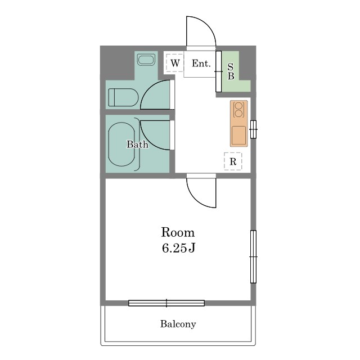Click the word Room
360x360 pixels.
point(178,232)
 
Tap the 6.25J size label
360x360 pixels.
point(179,248)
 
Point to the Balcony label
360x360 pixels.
point(178,324)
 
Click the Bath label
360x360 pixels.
point(137,145)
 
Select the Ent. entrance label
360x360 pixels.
point(201,64)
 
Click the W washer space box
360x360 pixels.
point(175,63)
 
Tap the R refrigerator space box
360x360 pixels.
point(233,161)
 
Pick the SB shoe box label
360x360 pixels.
point(231,71)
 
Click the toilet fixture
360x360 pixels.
point(123,97)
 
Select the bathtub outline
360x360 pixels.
point(121,144)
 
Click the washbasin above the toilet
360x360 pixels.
point(146,60)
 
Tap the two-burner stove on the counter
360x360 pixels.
point(238,110)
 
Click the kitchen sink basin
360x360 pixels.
point(238,136)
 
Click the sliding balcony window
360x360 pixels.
point(166,303)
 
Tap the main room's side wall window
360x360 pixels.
point(253,256)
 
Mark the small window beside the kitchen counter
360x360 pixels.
point(253,129)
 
